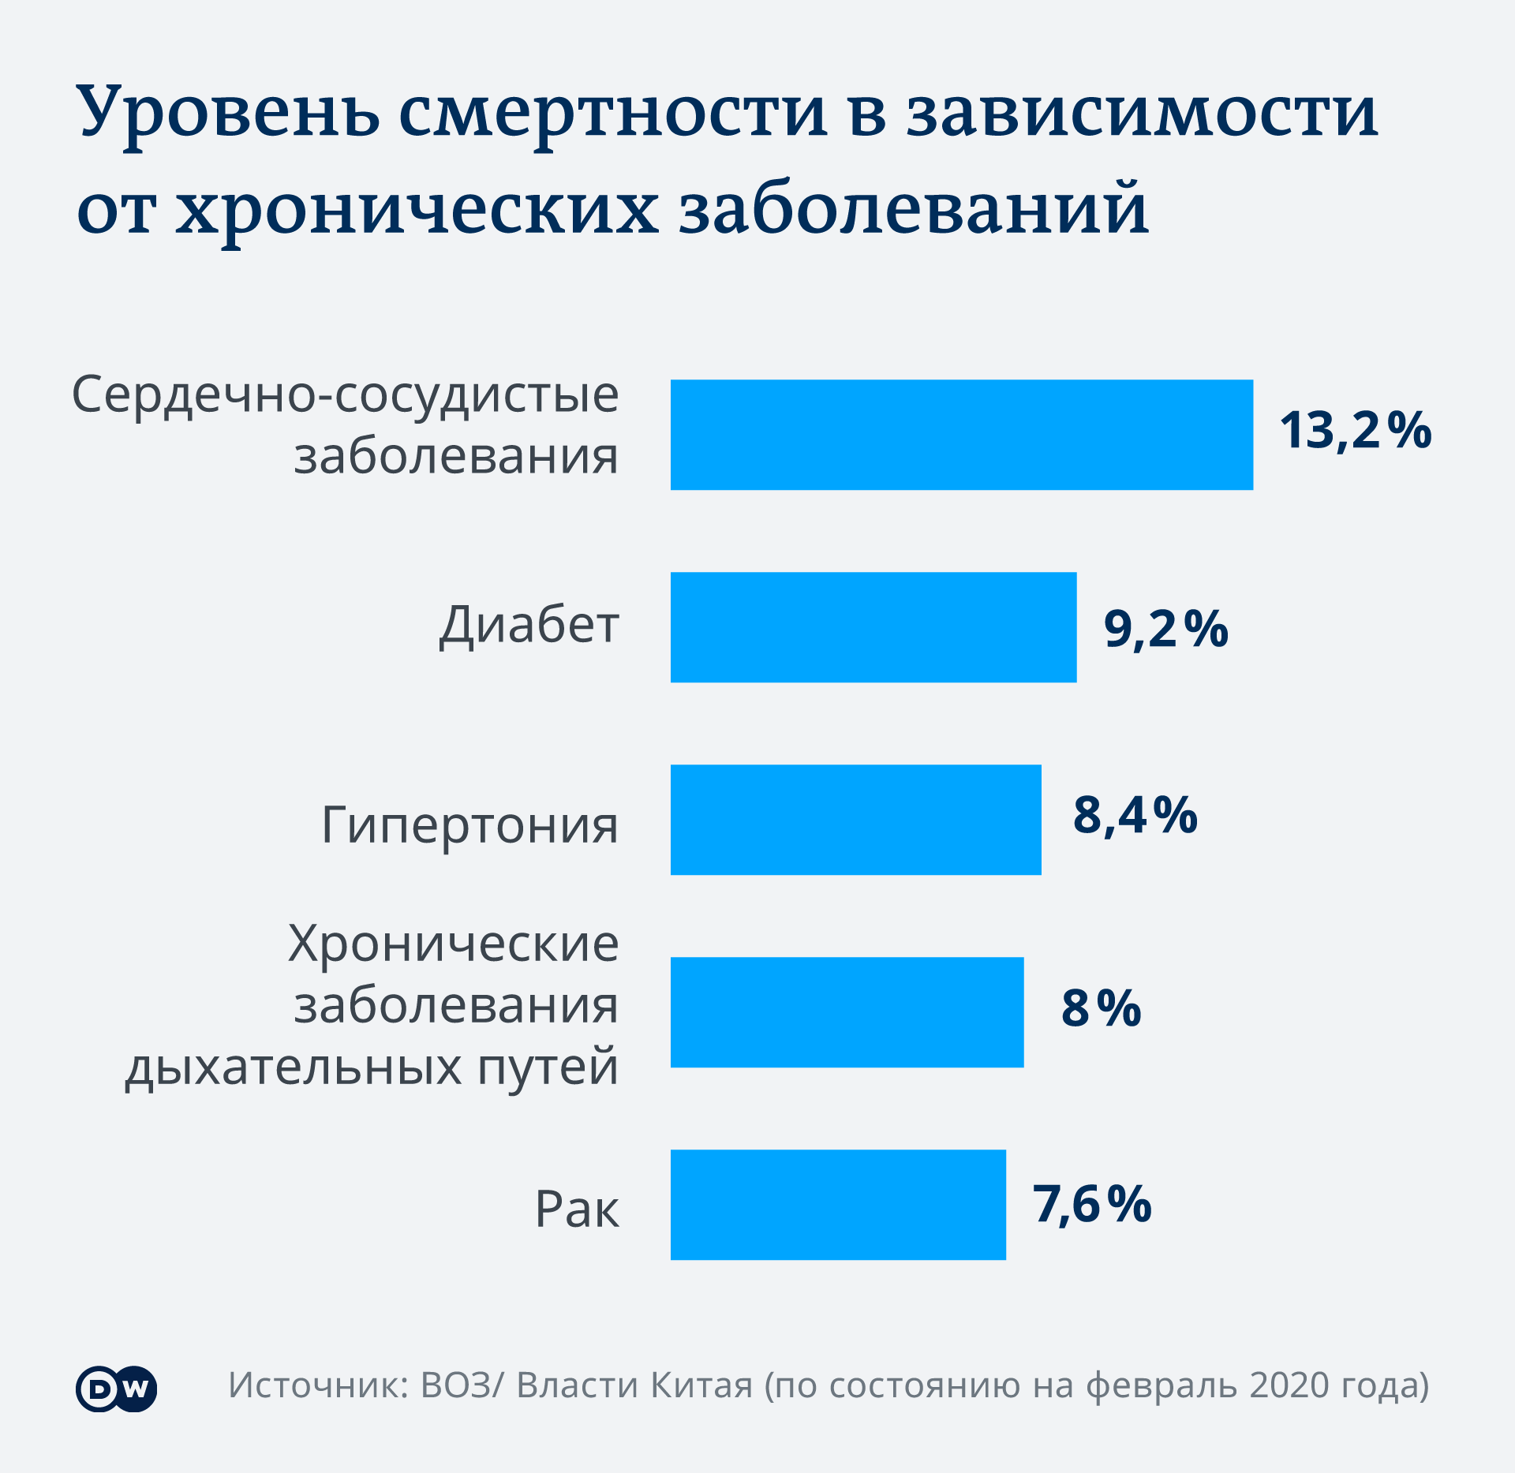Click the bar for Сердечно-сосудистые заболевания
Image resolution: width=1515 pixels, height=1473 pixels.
coord(961,435)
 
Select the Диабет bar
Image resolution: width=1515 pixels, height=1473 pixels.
coord(873,627)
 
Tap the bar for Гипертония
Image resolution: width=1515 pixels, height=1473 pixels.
coord(855,820)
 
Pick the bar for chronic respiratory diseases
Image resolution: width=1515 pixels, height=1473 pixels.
coord(847,1012)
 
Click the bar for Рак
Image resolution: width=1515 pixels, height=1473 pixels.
coord(838,1205)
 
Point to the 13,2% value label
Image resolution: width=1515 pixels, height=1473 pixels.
coord(1355,431)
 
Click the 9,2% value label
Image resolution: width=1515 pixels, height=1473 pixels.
coord(1165,629)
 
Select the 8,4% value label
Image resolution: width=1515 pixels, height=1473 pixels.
coord(1135,815)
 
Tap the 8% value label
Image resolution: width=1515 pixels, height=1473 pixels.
coord(1101,1008)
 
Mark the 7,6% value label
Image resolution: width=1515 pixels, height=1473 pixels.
coord(1092,1204)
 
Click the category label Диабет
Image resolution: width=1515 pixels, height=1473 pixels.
coord(529,626)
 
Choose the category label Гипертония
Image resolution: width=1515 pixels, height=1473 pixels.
coord(469,826)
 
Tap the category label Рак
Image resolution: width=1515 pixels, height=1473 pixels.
coord(577,1209)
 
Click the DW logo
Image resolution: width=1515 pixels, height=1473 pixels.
coord(117,1389)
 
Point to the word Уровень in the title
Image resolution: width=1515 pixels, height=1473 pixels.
coord(228,112)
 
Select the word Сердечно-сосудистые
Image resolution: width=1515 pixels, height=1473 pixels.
coord(346,394)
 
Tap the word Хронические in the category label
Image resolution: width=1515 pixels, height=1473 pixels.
coord(454,944)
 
